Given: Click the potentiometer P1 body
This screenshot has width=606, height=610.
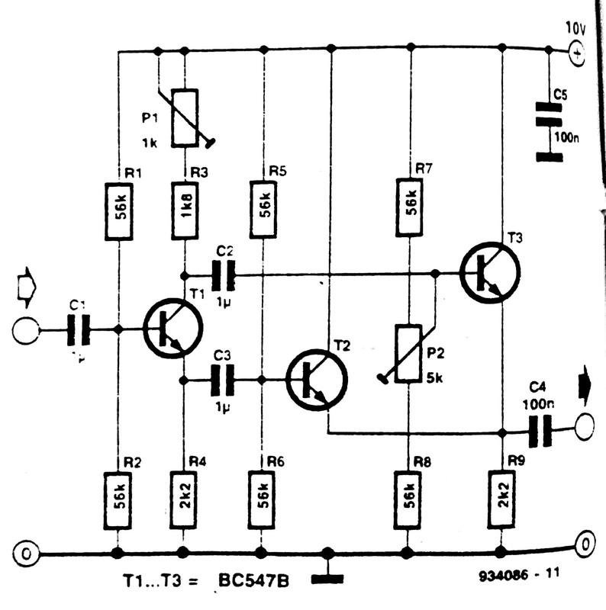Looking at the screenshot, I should pyautogui.click(x=184, y=117).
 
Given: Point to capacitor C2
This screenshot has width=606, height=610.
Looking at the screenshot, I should pyautogui.click(x=224, y=274).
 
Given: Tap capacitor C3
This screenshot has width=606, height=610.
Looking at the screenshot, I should pyautogui.click(x=224, y=379).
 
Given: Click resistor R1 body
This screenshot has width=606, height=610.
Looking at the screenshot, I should pyautogui.click(x=118, y=213).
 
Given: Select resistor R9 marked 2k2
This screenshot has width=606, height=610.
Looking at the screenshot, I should pyautogui.click(x=501, y=500).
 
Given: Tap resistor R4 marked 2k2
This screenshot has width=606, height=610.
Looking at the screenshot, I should pyautogui.click(x=184, y=500).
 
